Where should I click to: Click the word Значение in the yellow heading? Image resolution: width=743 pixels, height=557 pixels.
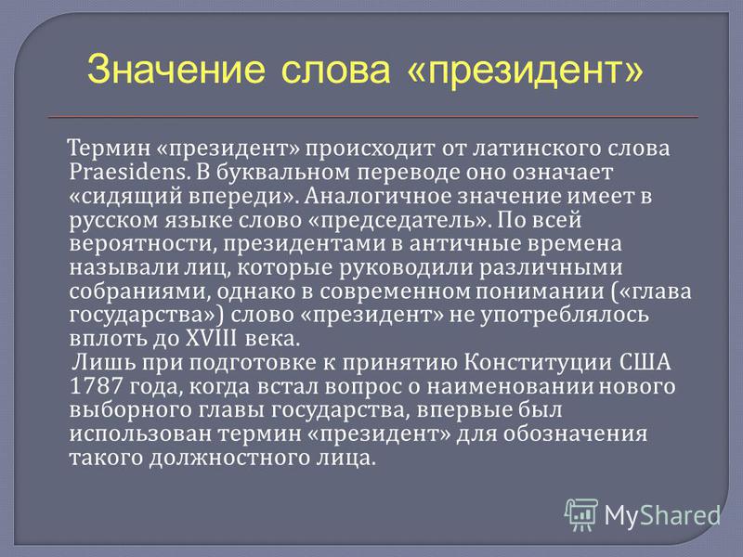pos(176,70)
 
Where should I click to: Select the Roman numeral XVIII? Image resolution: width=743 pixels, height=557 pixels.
pos(211,338)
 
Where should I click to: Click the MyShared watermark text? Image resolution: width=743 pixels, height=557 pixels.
pos(662,515)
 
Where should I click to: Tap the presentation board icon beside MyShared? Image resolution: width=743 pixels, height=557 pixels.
pos(581,514)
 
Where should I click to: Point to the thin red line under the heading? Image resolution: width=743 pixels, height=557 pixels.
pos(373,117)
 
